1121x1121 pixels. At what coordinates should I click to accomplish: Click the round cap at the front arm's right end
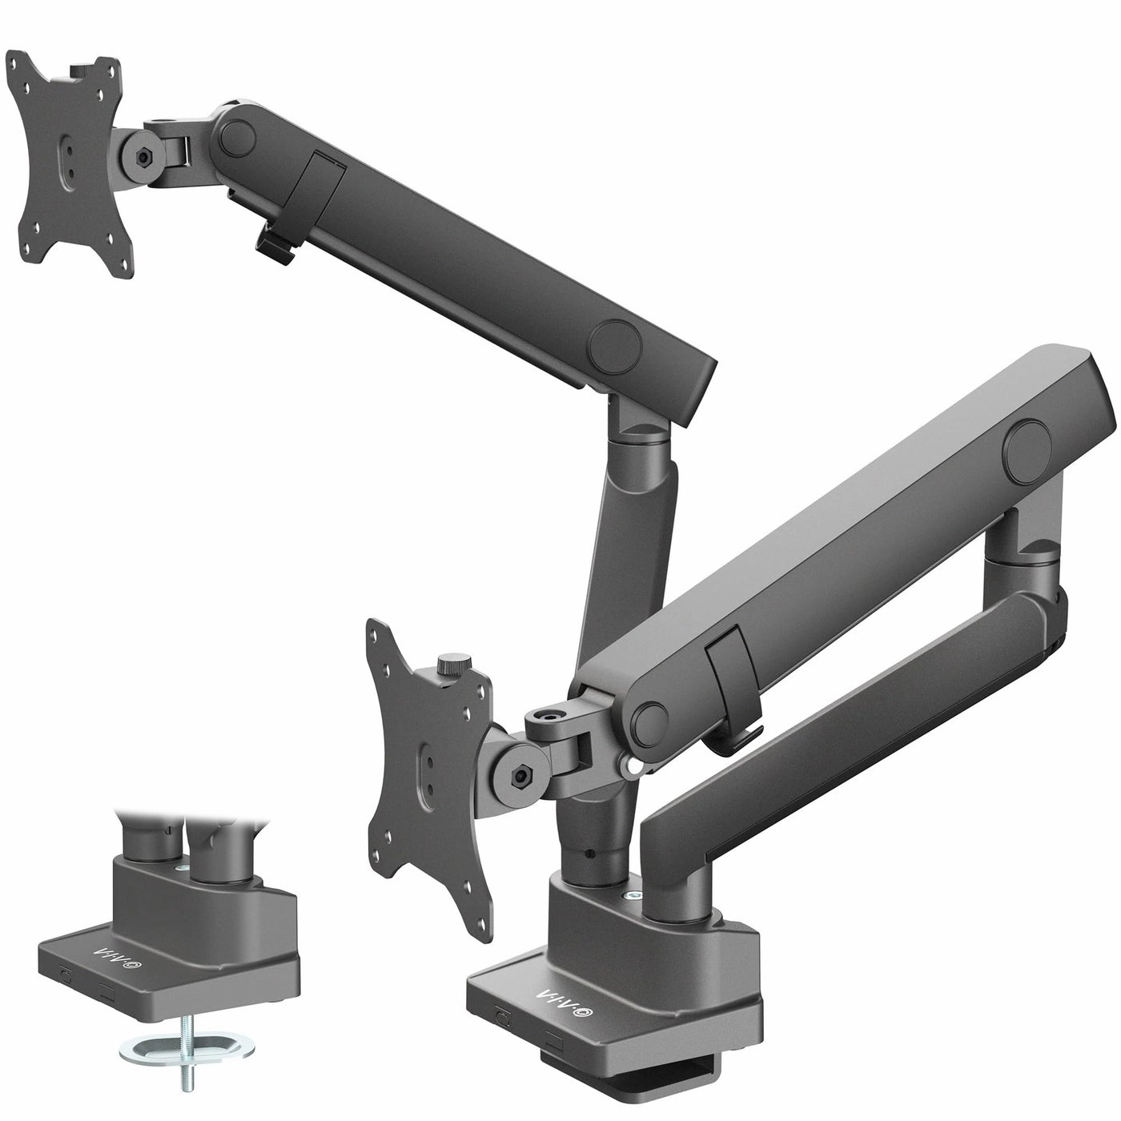click(1031, 440)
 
